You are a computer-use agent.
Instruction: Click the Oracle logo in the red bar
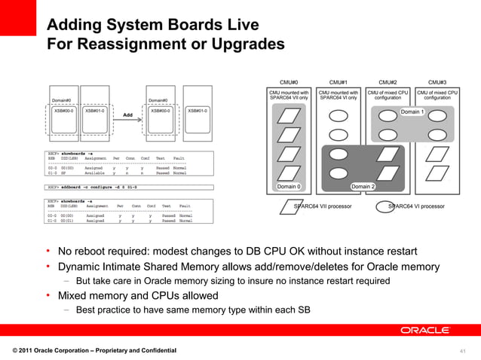click(425, 330)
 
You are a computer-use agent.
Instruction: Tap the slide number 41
click(463, 351)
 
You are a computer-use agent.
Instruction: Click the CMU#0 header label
click(289, 81)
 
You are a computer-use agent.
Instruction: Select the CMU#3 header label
click(437, 81)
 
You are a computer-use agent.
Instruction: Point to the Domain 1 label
click(412, 112)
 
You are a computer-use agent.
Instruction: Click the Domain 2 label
click(363, 186)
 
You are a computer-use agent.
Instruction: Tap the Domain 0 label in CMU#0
click(289, 186)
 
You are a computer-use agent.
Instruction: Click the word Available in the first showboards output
click(94, 172)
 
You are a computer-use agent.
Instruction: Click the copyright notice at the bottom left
click(94, 351)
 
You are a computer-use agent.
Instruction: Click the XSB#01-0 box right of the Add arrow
click(198, 111)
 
